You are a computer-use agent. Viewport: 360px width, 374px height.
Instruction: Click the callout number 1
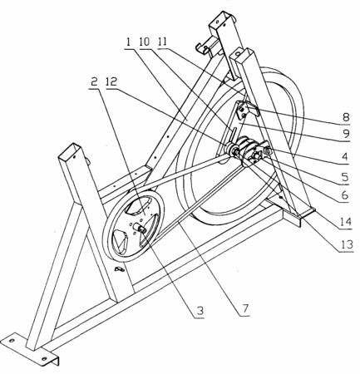(x=128, y=42)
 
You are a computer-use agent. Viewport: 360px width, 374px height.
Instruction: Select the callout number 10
(x=145, y=42)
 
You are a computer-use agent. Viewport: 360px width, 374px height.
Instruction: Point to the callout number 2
(x=94, y=81)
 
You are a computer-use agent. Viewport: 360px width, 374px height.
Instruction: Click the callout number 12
(x=111, y=81)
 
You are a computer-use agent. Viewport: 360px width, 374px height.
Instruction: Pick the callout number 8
(x=346, y=117)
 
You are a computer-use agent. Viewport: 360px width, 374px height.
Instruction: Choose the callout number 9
(x=346, y=135)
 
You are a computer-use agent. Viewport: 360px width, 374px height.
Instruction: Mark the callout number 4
(x=344, y=157)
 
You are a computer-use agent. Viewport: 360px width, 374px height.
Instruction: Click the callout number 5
(x=345, y=177)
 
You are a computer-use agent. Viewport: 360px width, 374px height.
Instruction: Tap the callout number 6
(x=345, y=195)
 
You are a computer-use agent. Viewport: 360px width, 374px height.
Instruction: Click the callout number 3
(x=200, y=311)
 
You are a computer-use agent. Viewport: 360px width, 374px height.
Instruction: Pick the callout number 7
(x=245, y=308)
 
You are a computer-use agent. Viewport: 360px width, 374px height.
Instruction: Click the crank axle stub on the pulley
(x=140, y=228)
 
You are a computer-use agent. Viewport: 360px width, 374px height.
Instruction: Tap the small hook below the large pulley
(x=120, y=268)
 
